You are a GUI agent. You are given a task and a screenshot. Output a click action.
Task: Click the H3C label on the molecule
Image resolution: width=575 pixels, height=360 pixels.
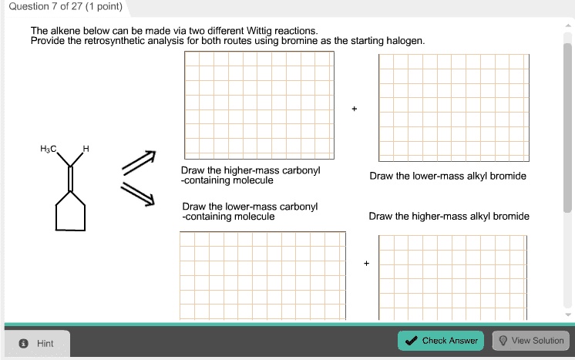(48, 149)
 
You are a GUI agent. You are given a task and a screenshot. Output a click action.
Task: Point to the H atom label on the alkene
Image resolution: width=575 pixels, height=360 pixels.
(86, 149)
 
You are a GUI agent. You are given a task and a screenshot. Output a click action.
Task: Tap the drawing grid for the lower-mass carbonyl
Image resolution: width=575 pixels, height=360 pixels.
(261, 274)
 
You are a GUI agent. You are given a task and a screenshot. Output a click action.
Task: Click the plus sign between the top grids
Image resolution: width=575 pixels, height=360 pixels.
(355, 109)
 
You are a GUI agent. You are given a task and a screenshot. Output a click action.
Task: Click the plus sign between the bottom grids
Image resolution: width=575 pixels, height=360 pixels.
(367, 264)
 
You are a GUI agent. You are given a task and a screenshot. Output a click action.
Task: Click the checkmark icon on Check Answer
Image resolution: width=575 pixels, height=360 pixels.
(412, 340)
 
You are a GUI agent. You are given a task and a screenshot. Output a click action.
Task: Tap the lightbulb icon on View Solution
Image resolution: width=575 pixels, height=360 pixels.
(503, 340)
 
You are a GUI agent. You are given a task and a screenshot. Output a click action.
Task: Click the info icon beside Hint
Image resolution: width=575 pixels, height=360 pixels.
(23, 344)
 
